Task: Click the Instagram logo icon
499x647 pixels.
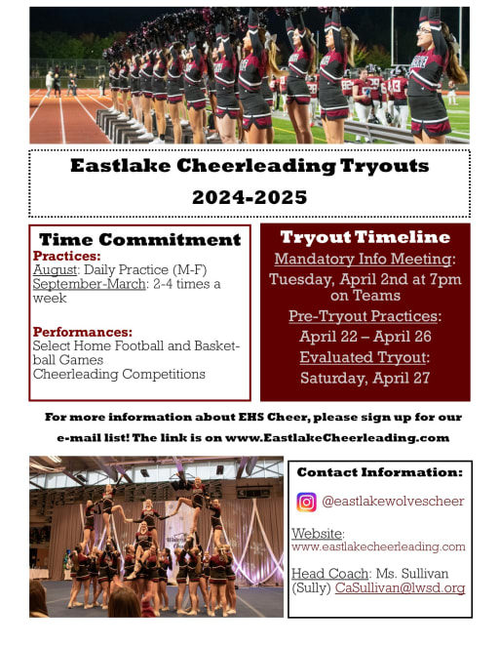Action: click(x=306, y=503)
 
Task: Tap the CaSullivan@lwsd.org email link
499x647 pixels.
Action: click(x=400, y=587)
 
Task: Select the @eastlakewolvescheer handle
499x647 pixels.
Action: click(x=393, y=502)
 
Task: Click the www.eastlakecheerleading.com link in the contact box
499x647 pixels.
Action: click(x=378, y=546)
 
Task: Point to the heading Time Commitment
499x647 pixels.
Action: click(x=140, y=240)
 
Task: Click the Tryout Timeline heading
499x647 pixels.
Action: click(x=365, y=237)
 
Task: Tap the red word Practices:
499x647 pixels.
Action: click(x=66, y=256)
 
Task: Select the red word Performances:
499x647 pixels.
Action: click(x=83, y=332)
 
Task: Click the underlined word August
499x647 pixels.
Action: click(x=55, y=270)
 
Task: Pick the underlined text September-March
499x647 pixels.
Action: click(x=89, y=284)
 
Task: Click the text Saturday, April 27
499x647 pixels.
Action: click(x=365, y=378)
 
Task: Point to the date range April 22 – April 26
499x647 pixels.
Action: click(x=365, y=337)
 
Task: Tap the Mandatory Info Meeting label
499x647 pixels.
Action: click(x=363, y=259)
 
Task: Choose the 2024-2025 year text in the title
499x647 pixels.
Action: click(x=249, y=197)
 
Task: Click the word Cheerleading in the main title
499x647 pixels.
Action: click(x=256, y=166)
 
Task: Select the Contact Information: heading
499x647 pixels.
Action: click(x=379, y=472)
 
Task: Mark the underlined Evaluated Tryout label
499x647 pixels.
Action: click(x=363, y=357)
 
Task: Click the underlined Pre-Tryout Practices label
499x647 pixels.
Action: click(x=363, y=315)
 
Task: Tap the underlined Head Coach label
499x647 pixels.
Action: click(x=329, y=573)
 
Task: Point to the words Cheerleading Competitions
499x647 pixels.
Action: click(x=119, y=374)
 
